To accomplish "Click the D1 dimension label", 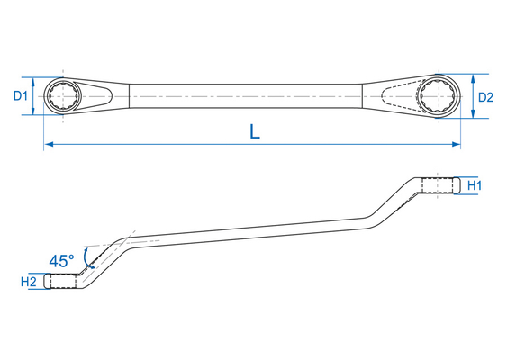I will click(22, 94).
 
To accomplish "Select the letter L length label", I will click(255, 131).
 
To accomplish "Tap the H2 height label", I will click(29, 282).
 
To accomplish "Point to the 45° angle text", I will click(62, 261).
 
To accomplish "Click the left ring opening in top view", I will click(64, 94).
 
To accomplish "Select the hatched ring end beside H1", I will click(439, 185).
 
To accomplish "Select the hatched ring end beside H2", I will click(64, 282).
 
